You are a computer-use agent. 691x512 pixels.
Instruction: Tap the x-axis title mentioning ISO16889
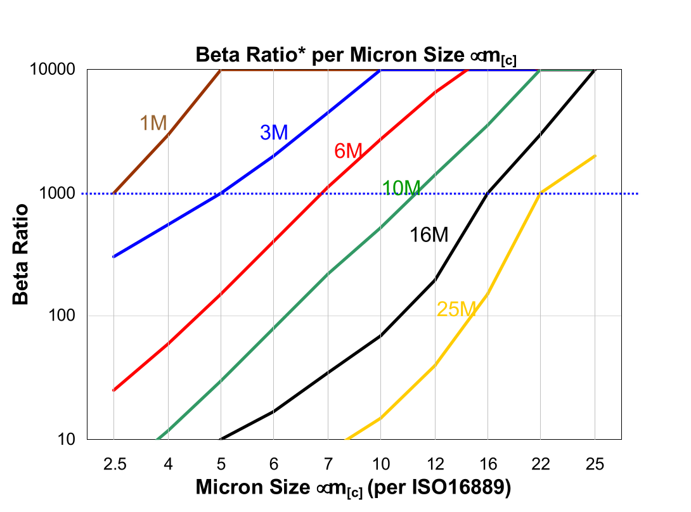353,488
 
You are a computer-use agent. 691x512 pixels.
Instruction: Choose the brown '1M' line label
153,123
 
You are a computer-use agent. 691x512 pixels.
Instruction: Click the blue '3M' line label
274,132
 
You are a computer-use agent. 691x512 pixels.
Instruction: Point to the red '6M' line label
348,151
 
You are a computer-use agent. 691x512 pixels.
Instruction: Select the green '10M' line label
401,188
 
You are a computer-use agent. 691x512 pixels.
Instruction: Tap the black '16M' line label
429,235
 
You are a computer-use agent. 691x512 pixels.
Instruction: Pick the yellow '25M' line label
456,309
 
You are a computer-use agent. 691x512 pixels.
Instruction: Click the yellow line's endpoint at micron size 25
595,156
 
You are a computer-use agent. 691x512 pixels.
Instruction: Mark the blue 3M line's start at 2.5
114,257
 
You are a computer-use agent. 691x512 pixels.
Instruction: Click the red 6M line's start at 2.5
114,390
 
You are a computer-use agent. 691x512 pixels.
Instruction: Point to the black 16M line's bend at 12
435,279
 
